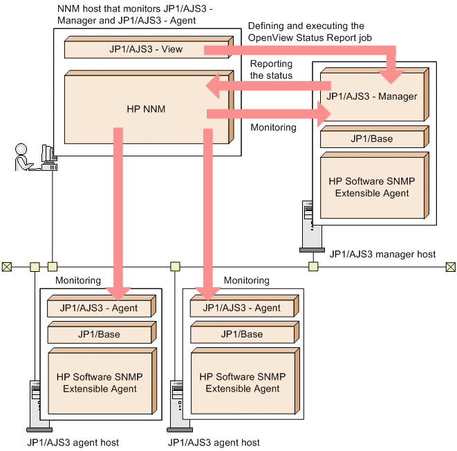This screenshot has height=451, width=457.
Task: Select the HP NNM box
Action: pyautogui.click(x=149, y=107)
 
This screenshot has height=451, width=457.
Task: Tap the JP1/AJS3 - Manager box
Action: pyautogui.click(x=374, y=95)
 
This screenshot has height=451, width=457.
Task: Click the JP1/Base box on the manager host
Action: pyautogui.click(x=374, y=137)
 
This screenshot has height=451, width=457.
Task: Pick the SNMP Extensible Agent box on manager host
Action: pyautogui.click(x=374, y=185)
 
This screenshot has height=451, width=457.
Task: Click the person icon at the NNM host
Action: pyautogui.click(x=24, y=157)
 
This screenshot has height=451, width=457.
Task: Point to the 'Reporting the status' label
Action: pyautogui.click(x=271, y=69)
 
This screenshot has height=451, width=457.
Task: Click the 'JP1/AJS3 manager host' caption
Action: pyautogui.click(x=382, y=255)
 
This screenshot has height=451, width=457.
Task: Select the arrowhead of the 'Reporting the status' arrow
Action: pyautogui.click(x=213, y=86)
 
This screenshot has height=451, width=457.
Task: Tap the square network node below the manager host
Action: pyautogui.click(x=313, y=266)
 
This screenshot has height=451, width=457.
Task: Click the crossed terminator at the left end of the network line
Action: pyautogui.click(x=7, y=267)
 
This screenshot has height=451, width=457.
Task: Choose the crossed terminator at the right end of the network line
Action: pyautogui.click(x=451, y=267)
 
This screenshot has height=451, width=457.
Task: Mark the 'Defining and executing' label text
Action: pyautogui.click(x=310, y=32)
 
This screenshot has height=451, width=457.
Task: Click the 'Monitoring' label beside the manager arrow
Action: pyautogui.click(x=273, y=127)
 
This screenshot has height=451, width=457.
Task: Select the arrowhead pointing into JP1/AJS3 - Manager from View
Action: pyautogui.click(x=391, y=76)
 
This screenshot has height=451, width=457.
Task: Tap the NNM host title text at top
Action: pyautogui.click(x=135, y=15)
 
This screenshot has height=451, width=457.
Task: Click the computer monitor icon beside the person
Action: pyautogui.click(x=49, y=158)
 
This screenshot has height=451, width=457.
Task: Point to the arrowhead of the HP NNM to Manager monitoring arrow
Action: pyautogui.click(x=324, y=114)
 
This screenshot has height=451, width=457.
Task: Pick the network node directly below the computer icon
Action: pyautogui.click(x=53, y=266)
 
